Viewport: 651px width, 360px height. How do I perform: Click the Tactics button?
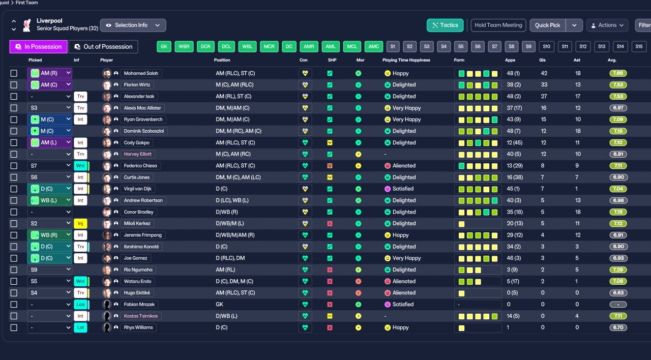(445, 25)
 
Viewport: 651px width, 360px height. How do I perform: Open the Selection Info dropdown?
(133, 25)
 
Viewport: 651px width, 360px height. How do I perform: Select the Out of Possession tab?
(103, 47)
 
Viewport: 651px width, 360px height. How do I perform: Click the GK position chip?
(164, 47)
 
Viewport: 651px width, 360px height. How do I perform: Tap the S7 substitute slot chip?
(494, 47)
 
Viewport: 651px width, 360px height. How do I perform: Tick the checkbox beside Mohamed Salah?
(14, 73)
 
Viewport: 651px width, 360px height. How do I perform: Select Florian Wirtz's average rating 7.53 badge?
(618, 85)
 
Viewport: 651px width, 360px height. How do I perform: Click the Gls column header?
(544, 60)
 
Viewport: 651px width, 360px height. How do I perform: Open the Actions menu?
(607, 25)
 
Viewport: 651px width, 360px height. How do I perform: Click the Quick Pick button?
(547, 25)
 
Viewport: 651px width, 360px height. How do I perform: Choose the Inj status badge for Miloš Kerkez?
(80, 223)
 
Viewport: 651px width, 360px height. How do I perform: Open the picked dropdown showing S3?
(49, 108)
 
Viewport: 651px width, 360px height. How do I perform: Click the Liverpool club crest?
(27, 25)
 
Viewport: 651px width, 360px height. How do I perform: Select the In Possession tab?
(38, 47)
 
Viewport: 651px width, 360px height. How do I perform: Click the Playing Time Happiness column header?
(406, 60)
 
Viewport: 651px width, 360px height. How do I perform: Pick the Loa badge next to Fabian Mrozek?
(80, 305)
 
